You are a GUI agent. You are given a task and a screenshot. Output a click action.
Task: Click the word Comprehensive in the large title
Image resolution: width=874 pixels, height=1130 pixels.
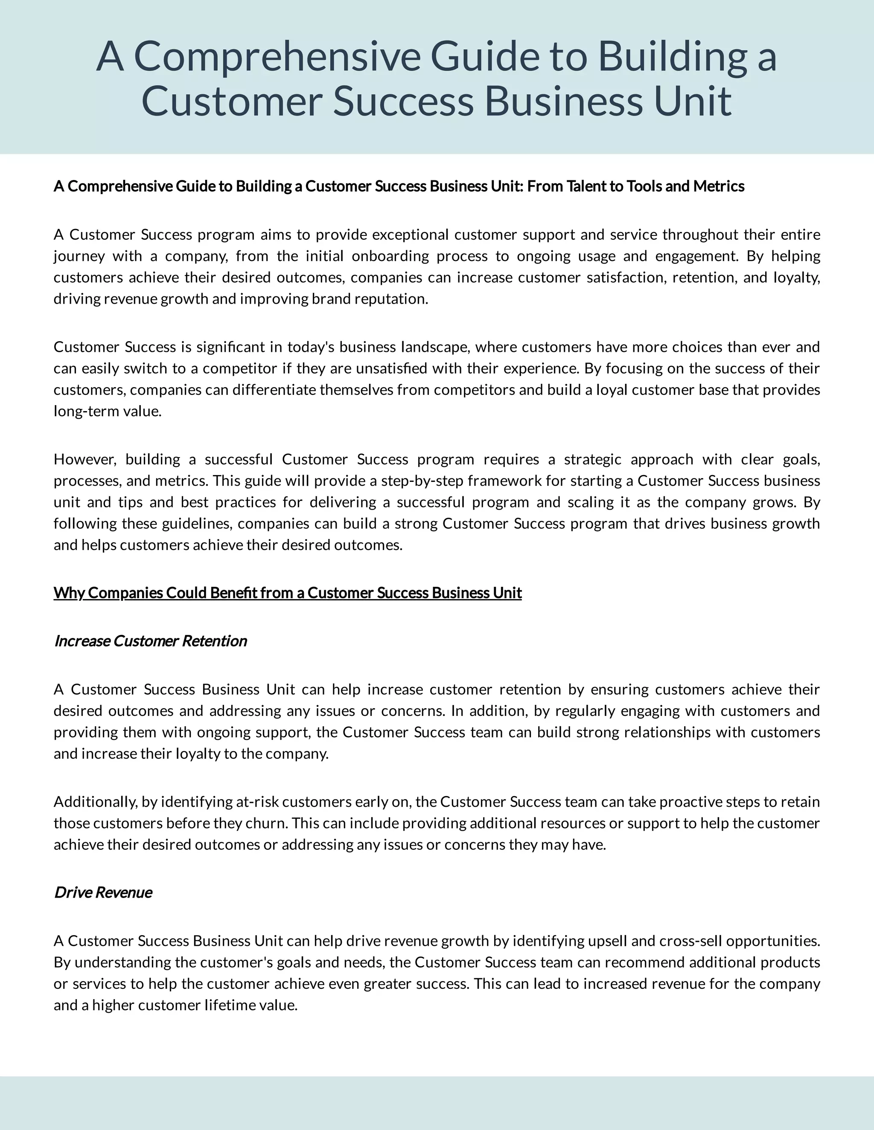click(x=277, y=57)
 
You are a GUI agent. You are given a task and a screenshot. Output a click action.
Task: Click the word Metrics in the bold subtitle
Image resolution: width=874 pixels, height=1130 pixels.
click(x=718, y=186)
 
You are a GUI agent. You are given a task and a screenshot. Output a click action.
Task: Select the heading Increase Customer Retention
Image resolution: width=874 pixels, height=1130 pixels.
click(x=151, y=641)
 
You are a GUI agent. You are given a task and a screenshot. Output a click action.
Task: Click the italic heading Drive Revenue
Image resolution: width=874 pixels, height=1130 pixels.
click(x=103, y=892)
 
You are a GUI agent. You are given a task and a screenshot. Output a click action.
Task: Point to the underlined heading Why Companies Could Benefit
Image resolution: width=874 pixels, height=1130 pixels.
click(x=287, y=593)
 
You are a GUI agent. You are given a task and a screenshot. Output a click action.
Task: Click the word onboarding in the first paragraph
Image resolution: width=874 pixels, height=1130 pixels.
click(x=390, y=256)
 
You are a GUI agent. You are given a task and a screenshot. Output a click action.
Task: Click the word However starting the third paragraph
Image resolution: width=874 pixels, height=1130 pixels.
click(x=88, y=459)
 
